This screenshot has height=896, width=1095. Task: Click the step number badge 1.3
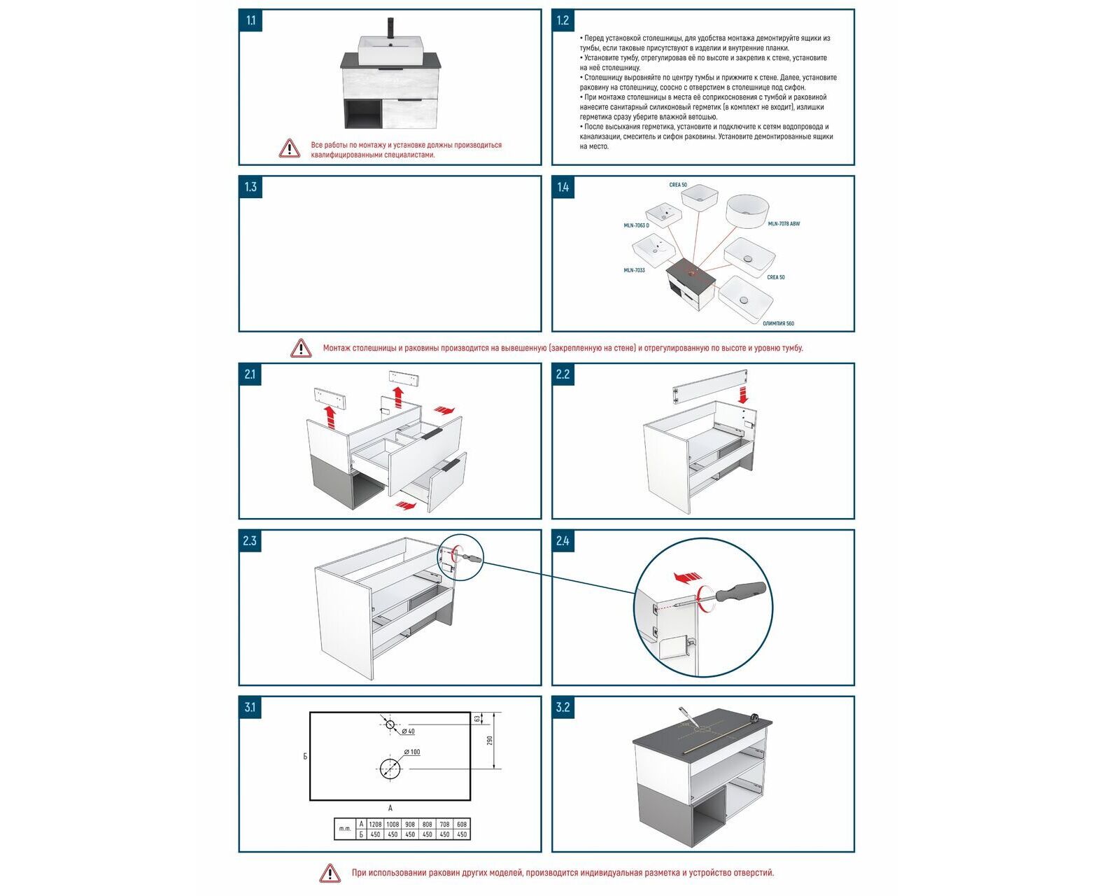(250, 187)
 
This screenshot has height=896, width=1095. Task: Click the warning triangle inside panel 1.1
(289, 148)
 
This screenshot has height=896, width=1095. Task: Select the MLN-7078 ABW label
(784, 224)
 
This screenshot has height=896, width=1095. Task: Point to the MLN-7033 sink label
(635, 270)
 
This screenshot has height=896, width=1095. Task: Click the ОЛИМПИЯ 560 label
(778, 323)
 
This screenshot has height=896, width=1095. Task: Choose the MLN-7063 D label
(637, 225)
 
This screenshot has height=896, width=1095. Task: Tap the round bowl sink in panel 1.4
(747, 211)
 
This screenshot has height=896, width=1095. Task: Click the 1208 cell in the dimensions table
(376, 825)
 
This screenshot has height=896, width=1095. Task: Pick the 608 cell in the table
(462, 825)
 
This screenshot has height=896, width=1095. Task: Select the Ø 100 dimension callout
(413, 752)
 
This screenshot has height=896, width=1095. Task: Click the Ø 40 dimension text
(408, 731)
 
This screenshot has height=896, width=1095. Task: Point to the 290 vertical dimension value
(490, 740)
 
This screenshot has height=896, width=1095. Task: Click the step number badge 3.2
(563, 707)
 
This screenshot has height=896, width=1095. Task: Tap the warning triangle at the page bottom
(330, 873)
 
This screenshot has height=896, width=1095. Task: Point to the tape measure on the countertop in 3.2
(755, 716)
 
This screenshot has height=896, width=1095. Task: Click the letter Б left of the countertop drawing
(305, 756)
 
